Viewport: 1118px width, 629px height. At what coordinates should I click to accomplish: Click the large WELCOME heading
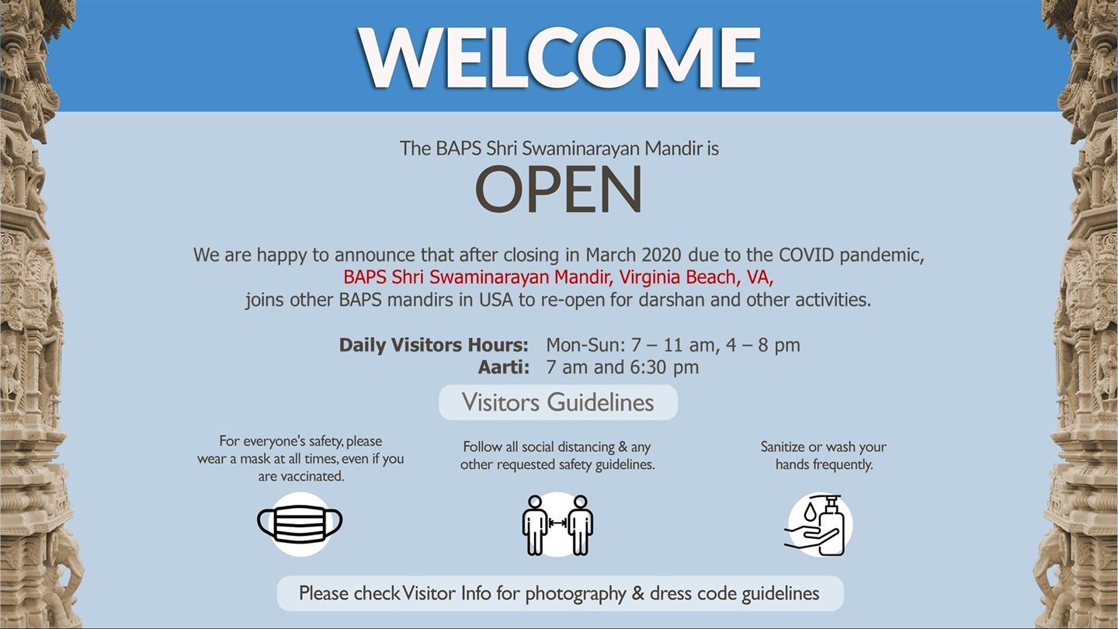coord(559,57)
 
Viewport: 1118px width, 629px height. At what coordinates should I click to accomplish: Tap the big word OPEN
coord(558,189)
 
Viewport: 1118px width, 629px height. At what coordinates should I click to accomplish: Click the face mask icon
coord(300,523)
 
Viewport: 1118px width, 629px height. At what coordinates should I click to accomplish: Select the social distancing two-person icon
coord(557,525)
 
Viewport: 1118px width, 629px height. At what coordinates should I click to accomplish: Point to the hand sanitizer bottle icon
coord(818,525)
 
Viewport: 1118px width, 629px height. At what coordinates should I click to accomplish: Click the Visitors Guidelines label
coord(557,402)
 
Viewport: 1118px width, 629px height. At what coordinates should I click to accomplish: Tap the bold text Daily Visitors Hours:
coord(433,345)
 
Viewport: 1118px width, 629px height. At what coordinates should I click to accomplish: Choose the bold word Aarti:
coord(504,367)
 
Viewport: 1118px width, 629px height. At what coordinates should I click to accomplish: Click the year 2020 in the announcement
coord(661,255)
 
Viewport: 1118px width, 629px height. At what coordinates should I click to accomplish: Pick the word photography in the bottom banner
coord(575,594)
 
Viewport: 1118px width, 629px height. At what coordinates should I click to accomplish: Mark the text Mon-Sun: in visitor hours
coord(585,345)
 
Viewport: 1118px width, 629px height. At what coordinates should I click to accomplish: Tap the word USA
coord(496,300)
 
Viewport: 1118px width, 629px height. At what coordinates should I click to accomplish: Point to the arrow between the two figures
coord(557,523)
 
